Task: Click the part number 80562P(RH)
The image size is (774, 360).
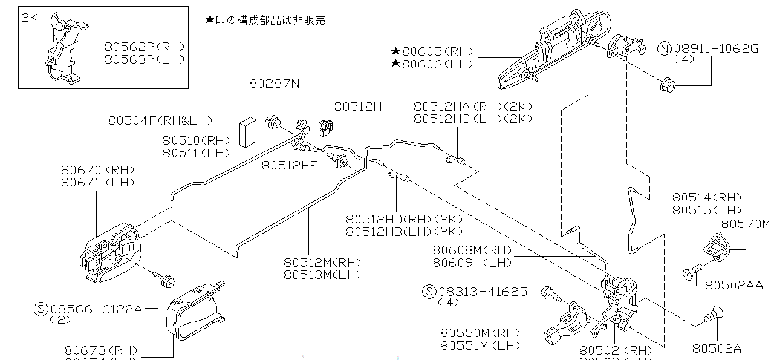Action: click(144, 46)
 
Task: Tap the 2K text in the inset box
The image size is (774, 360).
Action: click(30, 18)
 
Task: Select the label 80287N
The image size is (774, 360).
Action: click(274, 83)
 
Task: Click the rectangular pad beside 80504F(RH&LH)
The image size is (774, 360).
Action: click(247, 133)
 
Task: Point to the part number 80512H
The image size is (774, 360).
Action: click(358, 106)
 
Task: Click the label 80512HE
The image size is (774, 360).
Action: click(290, 165)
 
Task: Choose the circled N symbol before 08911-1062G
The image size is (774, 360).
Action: click(665, 49)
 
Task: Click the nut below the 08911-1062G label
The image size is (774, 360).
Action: click(668, 85)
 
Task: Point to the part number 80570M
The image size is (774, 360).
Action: click(745, 224)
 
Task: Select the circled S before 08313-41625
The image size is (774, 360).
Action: click(429, 291)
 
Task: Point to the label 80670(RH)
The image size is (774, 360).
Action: click(97, 170)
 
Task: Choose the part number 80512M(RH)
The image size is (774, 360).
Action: click(322, 262)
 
